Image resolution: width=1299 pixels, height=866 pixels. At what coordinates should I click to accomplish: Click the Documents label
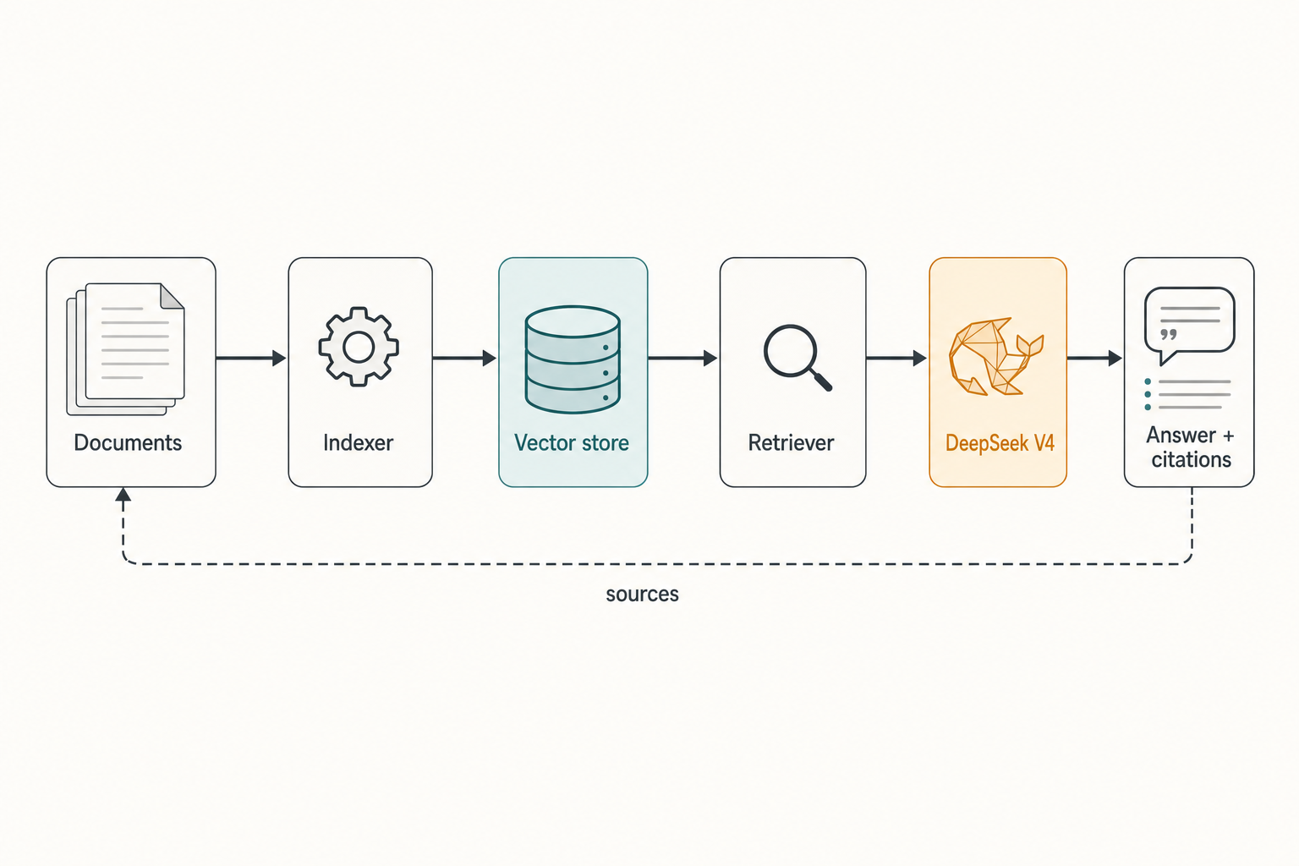click(128, 442)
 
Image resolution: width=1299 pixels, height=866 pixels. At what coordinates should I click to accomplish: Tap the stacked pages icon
click(126, 349)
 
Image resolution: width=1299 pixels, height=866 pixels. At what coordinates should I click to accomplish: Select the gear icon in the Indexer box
click(359, 347)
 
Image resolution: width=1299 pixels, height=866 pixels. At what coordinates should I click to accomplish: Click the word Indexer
click(359, 442)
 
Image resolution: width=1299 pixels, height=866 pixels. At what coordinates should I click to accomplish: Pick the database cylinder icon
click(573, 359)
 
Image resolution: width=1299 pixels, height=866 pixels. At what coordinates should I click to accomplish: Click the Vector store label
click(572, 442)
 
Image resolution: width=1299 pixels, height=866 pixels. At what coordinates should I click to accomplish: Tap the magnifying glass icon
click(797, 358)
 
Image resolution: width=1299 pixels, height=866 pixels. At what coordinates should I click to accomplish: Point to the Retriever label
click(791, 442)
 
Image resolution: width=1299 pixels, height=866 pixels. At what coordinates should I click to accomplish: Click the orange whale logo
click(995, 356)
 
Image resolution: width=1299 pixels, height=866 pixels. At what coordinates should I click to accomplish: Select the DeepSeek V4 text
click(1000, 443)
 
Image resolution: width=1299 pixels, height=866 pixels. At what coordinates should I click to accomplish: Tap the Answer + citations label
click(1191, 447)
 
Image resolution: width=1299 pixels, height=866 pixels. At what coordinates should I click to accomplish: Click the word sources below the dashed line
click(642, 594)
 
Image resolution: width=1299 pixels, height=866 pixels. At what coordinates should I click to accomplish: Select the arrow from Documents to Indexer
click(251, 358)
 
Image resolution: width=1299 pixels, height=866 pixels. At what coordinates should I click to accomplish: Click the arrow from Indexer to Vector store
click(464, 358)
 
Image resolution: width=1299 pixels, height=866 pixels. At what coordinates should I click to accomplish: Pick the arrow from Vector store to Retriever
click(682, 358)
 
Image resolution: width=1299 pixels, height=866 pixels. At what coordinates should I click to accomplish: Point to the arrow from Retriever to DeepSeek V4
click(896, 358)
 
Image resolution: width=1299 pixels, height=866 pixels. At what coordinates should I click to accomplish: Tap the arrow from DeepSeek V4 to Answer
click(1094, 358)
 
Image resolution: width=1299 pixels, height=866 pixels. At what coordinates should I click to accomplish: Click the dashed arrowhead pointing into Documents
click(123, 494)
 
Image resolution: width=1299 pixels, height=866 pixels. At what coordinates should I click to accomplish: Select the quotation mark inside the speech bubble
click(1169, 335)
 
